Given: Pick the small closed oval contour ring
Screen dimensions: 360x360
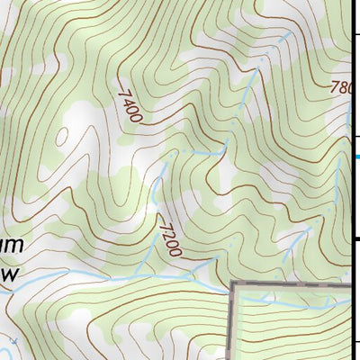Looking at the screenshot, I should (x=62, y=138).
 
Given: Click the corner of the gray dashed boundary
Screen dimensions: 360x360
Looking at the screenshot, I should (x=232, y=285).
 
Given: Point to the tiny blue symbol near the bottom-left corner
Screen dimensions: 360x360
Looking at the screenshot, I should (x=16, y=343).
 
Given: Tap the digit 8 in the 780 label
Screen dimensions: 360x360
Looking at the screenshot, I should (x=339, y=87).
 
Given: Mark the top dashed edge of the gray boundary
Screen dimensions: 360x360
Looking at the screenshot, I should (x=288, y=284).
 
